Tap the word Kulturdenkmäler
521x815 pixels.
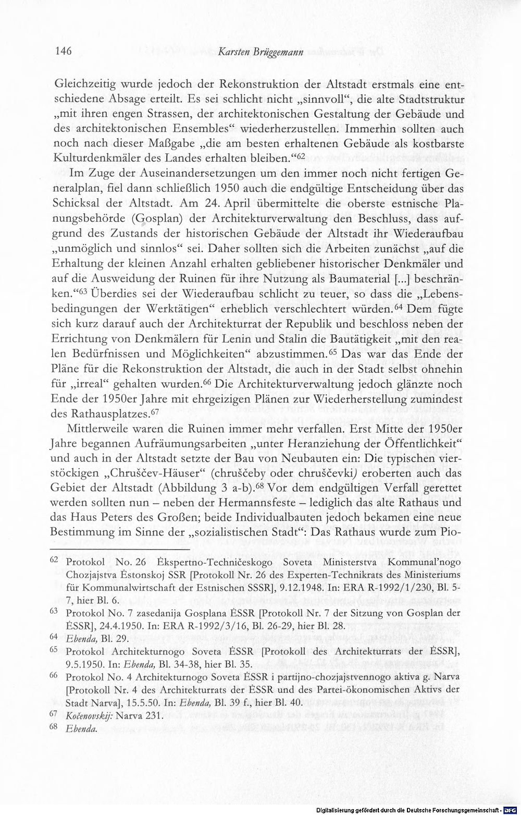[97, 157]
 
